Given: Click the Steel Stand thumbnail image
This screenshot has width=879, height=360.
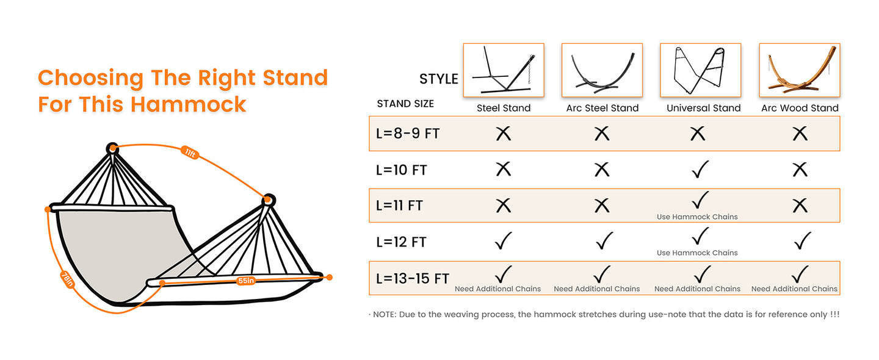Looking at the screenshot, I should [504, 70].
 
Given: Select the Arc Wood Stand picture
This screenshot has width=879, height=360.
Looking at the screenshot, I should [799, 70].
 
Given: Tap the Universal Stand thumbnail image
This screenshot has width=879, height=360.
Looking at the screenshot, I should [700, 70].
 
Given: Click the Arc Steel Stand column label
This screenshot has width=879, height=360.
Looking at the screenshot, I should [602, 108].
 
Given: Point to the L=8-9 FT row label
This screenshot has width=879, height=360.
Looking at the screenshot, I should [408, 134].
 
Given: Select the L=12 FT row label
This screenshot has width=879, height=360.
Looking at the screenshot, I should [401, 242].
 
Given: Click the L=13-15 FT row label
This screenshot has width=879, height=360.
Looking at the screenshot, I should [413, 279].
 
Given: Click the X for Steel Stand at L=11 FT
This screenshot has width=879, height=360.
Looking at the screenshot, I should [504, 206].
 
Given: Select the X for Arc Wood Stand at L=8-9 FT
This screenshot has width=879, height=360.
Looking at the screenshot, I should [800, 134].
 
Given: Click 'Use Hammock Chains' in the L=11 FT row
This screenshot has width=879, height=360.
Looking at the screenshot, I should [697, 217].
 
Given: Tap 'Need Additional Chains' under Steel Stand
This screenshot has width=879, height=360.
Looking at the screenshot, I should [497, 289].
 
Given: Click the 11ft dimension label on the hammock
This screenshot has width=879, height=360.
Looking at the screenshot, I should [190, 153].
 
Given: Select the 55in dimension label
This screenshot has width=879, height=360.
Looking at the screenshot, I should [246, 281].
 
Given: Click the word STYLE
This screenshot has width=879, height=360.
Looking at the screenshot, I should [438, 79].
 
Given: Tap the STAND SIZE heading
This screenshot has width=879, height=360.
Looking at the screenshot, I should [405, 104].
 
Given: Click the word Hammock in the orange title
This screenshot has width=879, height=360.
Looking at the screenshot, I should [189, 104].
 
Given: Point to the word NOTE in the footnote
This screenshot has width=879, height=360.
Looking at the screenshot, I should [383, 314].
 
